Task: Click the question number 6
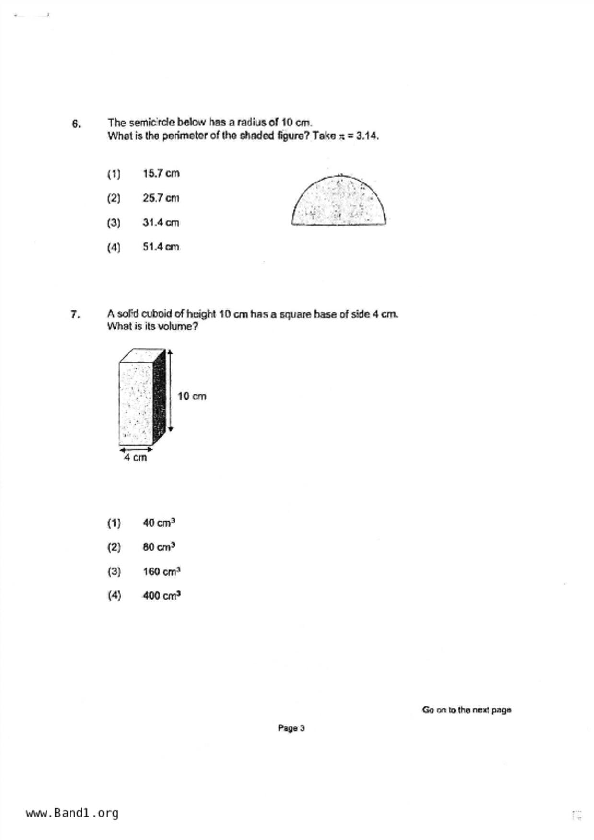point(76,124)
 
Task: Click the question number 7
point(75,315)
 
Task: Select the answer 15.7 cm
point(161,173)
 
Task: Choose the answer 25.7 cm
point(161,198)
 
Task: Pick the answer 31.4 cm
point(161,223)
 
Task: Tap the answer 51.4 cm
point(161,247)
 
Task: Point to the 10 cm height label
point(192,397)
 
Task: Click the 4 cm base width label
point(135,458)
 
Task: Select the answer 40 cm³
point(159,522)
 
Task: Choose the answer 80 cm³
point(159,547)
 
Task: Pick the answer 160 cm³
point(162,571)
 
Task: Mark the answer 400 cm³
point(162,596)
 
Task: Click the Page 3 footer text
point(291,728)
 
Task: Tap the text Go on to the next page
point(466,710)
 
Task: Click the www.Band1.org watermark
point(72,813)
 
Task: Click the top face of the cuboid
point(142,356)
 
